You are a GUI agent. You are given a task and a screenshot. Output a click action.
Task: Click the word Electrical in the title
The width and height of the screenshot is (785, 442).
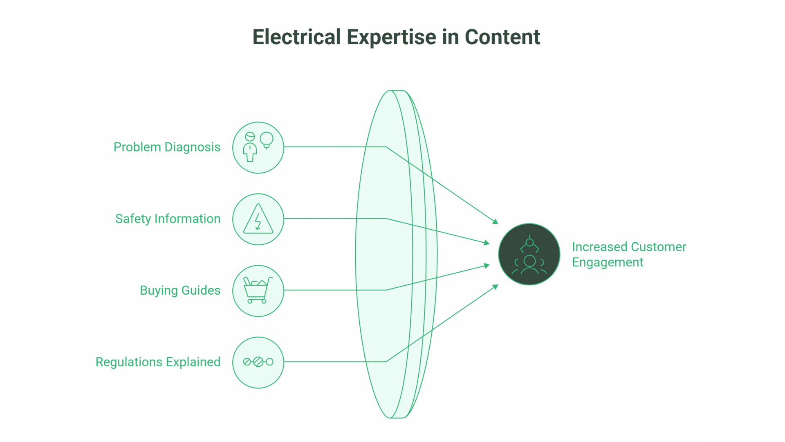pos(296,37)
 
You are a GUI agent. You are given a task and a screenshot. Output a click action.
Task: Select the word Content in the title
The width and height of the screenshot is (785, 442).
pos(502,37)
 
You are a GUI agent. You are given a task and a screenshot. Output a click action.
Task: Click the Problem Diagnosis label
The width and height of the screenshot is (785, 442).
pos(167,147)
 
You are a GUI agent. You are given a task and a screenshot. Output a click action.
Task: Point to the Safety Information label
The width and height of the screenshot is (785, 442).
pos(168,219)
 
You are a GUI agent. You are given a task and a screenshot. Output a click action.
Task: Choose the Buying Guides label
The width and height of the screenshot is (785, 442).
pos(180,290)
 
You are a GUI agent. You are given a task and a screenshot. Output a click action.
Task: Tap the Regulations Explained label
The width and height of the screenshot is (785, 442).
pos(158,362)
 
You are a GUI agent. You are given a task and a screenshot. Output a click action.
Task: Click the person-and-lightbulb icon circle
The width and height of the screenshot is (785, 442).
pos(258,147)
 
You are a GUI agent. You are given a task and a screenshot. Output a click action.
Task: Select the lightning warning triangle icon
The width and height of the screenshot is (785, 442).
pos(258,219)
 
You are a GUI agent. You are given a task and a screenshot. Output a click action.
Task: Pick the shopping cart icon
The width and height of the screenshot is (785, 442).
pos(258,291)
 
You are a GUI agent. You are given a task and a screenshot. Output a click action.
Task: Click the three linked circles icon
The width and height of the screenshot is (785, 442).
pos(258,362)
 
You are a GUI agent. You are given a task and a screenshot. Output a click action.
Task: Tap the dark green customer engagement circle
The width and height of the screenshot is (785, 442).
pos(529,254)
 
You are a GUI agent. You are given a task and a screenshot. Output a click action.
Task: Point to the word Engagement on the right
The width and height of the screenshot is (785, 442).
pos(608,262)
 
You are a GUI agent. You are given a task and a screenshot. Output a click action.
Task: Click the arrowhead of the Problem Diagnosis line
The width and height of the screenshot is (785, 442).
pos(496,222)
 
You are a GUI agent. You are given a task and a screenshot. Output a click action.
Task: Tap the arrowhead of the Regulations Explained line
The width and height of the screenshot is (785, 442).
pos(496,286)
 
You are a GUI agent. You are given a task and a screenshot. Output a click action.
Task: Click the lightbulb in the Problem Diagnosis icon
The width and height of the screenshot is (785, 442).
pos(267,140)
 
